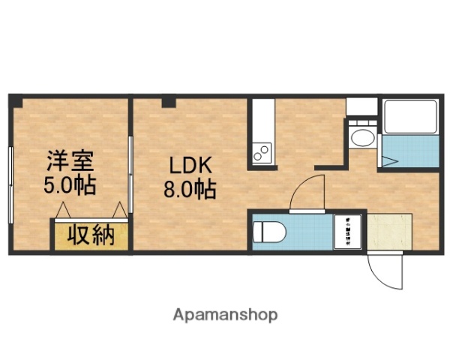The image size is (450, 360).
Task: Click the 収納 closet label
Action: tap(91, 235)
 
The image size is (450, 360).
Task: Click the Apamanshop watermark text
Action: tap(226, 315)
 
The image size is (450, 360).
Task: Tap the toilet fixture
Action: tap(268, 232)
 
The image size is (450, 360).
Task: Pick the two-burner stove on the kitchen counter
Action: tap(262, 154)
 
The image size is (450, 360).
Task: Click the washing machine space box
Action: tap(349, 232)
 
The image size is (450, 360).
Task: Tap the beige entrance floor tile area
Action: tap(390, 232)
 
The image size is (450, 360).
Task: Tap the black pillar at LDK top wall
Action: tap(169, 102)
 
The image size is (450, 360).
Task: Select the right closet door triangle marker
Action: tap(120, 211)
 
